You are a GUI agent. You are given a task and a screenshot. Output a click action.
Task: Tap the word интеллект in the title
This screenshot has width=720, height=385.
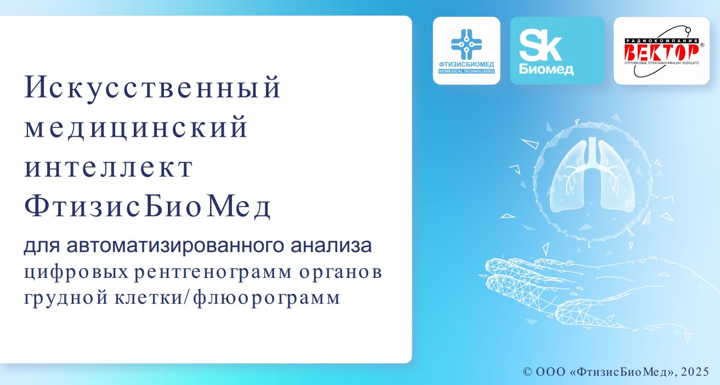(109, 168)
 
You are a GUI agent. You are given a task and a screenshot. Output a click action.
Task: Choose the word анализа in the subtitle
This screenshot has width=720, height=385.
(331, 245)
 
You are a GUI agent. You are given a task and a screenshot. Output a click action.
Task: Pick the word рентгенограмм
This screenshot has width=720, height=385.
(213, 272)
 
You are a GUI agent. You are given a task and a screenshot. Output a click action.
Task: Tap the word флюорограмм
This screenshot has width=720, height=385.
(267, 298)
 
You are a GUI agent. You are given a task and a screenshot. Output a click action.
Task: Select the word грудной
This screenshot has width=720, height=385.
(66, 298)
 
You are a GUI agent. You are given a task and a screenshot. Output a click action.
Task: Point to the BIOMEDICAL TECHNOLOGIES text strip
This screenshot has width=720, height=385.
(467, 71)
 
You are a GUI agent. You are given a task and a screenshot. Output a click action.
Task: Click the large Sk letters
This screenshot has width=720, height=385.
(540, 44)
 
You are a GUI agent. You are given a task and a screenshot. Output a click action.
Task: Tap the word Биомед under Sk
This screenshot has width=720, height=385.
(546, 69)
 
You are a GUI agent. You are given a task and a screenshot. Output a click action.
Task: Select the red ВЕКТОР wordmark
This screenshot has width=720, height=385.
(661, 52)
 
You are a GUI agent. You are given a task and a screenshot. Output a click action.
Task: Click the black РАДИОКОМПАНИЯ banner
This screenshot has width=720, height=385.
(661, 41)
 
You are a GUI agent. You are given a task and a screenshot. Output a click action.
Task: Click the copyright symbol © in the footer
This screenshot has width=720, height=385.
(528, 372)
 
